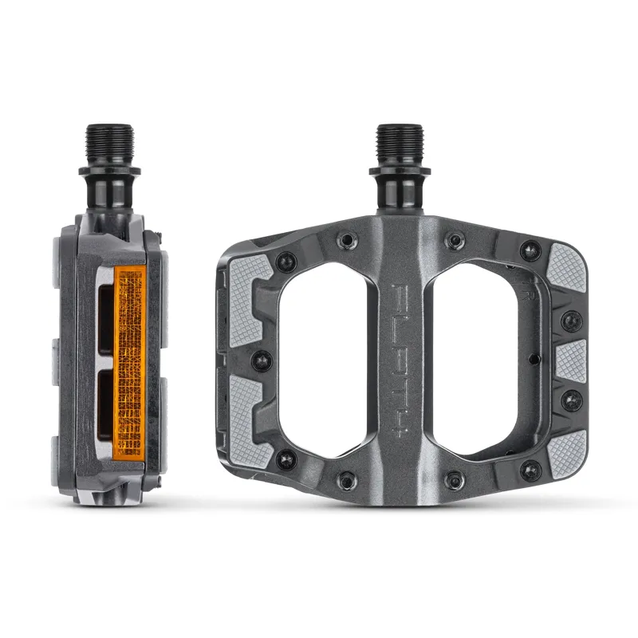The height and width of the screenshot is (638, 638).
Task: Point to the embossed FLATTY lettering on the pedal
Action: (x=396, y=358)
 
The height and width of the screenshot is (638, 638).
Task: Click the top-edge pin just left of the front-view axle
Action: (x=343, y=240)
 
